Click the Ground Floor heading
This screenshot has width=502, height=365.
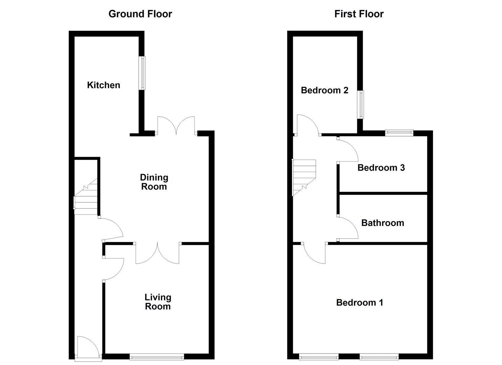pos(140,14)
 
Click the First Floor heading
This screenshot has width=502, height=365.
pos(359,14)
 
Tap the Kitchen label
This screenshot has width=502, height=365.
pos(103,85)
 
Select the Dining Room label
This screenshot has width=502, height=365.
pos(154,182)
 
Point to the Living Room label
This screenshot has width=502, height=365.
pos(158,302)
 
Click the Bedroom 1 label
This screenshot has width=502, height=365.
pos(359,302)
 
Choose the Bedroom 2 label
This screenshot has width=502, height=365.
pos(324,90)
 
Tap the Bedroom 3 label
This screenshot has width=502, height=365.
pos(381,168)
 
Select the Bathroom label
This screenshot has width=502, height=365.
pos(382,223)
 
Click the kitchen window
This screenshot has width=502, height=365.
pos(143,73)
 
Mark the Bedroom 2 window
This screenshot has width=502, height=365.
pos(361,104)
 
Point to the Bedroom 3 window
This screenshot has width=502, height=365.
pos(399,132)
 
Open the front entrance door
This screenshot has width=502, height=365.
pos(87,348)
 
